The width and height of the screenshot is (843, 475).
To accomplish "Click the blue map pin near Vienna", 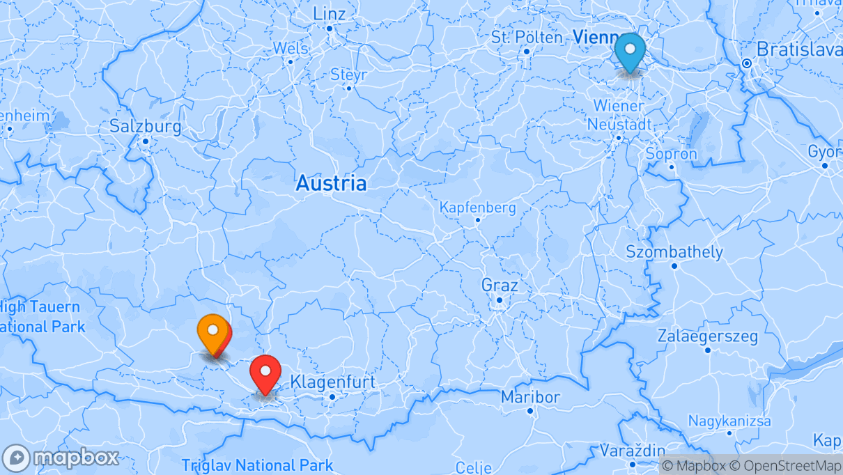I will [630, 50].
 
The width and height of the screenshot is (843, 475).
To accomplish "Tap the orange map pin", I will [213, 332].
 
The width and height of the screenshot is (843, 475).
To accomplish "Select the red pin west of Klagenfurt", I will [265, 372].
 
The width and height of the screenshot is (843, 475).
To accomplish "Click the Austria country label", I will [331, 183].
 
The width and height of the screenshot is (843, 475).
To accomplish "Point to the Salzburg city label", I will [146, 127].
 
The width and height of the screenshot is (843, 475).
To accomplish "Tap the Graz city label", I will [500, 285].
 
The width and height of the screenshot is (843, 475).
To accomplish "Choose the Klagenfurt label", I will [332, 382].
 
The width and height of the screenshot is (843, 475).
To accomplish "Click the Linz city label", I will [330, 13].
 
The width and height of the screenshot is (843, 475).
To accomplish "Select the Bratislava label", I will [798, 49].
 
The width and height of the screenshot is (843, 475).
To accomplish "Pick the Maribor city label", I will [530, 397].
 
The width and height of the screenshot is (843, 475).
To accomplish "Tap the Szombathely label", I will [674, 251].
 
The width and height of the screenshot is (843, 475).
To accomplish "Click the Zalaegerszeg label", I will [708, 336].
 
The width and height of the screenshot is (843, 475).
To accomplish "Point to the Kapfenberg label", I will [478, 208].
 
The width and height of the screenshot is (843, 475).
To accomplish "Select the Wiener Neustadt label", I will [619, 115].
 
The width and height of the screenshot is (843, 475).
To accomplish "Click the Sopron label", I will [672, 154].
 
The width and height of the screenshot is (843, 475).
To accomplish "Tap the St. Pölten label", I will [527, 37].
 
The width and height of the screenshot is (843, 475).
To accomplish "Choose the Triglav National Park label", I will [257, 465].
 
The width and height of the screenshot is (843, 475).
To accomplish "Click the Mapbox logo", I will [61, 458].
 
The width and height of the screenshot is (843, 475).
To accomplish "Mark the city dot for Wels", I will [291, 62].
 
